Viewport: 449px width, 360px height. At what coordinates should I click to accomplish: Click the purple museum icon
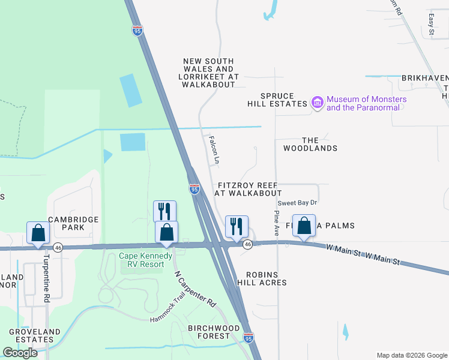click(x=318, y=103)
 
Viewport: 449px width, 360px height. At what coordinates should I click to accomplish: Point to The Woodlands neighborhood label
click(x=310, y=144)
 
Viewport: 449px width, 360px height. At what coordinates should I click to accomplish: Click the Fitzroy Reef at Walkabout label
click(x=249, y=190)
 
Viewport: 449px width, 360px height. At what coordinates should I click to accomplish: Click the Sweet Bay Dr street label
click(x=297, y=203)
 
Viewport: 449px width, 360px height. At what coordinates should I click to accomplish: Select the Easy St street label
click(x=431, y=24)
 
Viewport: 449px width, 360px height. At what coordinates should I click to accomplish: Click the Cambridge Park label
click(x=73, y=224)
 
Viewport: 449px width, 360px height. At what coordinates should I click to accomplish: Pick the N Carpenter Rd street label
click(x=195, y=289)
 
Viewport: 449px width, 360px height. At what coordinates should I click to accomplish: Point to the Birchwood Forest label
click(x=214, y=332)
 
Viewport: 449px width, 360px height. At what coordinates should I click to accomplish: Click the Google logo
click(x=20, y=352)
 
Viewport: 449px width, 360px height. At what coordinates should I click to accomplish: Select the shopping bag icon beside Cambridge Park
click(x=38, y=232)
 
